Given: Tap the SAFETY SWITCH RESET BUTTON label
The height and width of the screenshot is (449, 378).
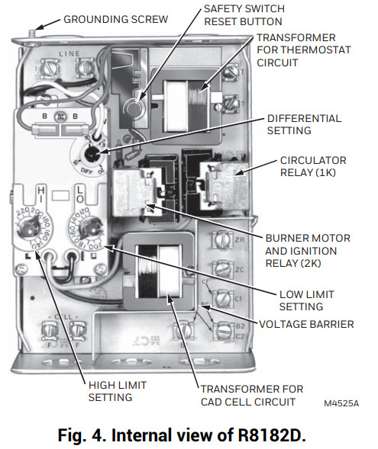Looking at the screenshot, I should (243, 15).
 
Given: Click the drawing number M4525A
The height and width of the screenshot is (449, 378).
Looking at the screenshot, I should (341, 401).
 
